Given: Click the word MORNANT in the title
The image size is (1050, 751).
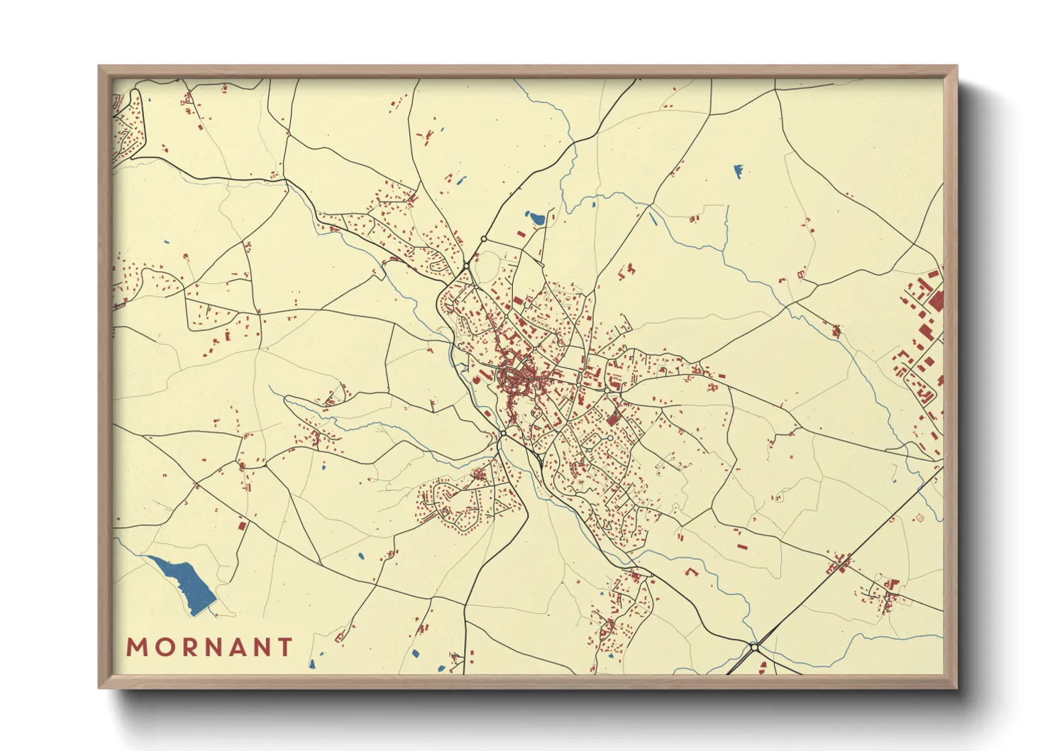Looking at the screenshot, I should coord(209,647).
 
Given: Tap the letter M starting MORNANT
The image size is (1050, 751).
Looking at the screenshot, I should coord(137,647).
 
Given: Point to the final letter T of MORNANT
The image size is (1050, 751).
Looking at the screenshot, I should coord(285,647).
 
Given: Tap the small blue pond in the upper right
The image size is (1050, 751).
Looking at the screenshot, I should coord(738,171).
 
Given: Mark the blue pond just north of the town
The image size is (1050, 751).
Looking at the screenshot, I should coord(536,218).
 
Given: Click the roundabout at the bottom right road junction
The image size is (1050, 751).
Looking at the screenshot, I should coord(754,647).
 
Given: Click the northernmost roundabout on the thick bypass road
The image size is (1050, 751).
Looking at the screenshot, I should coord(484,239).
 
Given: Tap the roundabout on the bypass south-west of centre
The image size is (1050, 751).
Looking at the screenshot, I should coord(503,432).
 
